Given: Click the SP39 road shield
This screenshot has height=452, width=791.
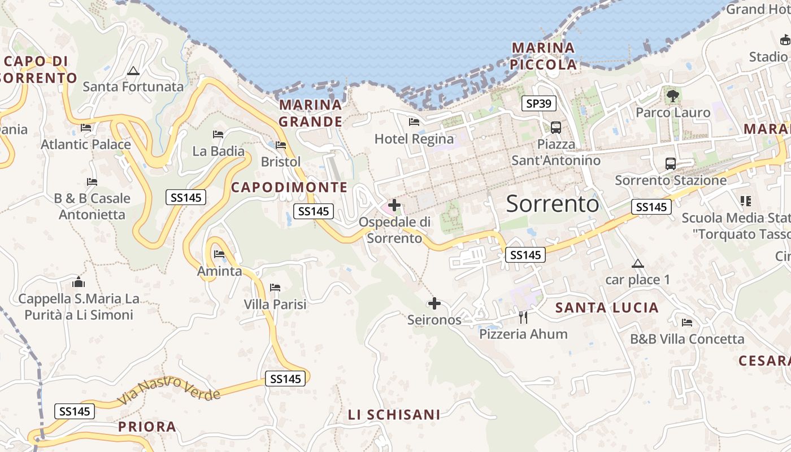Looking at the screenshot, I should click(538, 103).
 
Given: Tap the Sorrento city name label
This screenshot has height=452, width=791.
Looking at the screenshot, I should click(552, 203).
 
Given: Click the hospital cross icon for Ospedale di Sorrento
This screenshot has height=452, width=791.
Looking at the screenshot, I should click(394, 205).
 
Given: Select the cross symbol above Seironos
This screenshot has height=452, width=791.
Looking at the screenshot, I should click(434, 304).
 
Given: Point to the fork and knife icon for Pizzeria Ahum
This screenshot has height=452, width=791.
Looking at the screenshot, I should click(523, 318).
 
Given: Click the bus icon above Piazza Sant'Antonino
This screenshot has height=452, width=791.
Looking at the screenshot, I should click(555, 128).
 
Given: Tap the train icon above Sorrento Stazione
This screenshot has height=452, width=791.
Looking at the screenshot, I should click(671, 164).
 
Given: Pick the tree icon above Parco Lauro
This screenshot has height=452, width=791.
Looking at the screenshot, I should click(672, 96).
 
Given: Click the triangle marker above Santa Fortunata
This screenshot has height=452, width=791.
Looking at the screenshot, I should click(133, 71).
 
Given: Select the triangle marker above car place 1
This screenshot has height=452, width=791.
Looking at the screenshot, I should click(638, 263).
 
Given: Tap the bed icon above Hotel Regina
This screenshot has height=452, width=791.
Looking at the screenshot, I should click(414, 122).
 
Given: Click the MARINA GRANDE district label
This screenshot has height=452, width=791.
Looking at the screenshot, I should click(311, 113).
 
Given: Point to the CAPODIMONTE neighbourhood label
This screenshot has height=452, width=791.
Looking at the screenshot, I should click(289, 187).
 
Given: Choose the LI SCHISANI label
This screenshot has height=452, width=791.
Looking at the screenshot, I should click(394, 415).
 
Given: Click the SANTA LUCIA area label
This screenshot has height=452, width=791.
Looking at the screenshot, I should click(607, 308).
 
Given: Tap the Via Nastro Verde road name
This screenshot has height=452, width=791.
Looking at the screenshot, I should click(168, 390).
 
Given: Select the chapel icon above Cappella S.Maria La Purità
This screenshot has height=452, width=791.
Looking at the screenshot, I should click(79, 281).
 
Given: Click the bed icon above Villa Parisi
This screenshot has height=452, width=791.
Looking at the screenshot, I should click(275, 288).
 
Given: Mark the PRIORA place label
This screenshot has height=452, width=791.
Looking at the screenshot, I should click(147, 427).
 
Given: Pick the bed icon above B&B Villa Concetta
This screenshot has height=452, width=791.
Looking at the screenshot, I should click(687, 323).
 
